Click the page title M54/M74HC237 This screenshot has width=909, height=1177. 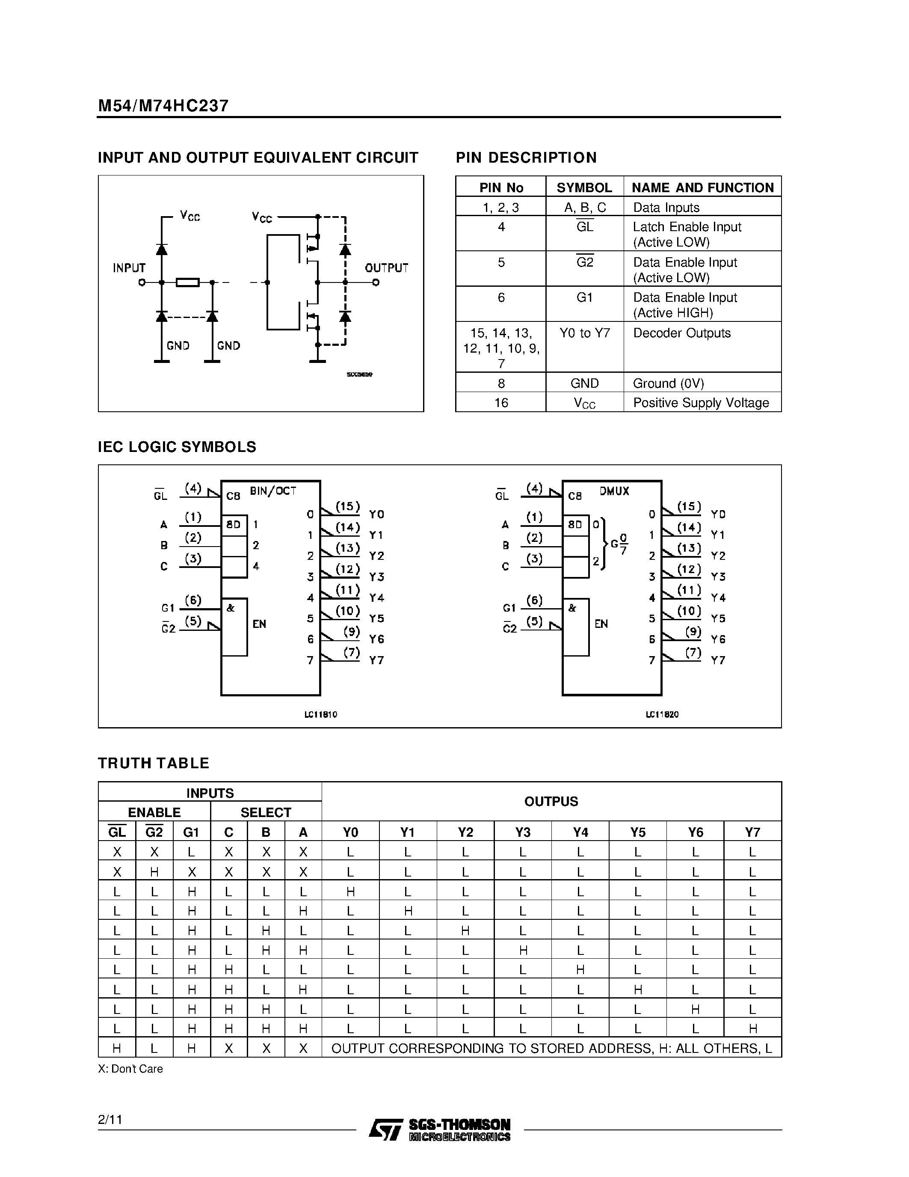tap(163, 106)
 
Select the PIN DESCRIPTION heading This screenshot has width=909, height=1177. tap(526, 158)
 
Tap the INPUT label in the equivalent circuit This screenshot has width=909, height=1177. tap(129, 268)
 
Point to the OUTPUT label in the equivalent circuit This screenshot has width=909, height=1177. tap(387, 268)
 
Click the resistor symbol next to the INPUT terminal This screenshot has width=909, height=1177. tap(187, 282)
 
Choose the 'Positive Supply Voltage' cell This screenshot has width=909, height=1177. tap(701, 403)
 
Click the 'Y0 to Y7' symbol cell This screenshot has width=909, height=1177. tap(584, 333)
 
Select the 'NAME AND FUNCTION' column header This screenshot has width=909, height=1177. tap(702, 187)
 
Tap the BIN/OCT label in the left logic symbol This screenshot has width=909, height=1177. tap(273, 491)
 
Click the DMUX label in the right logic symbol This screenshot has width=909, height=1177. tap(614, 491)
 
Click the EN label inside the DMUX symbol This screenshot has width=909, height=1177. tap(601, 624)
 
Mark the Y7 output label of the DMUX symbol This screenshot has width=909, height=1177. tap(718, 660)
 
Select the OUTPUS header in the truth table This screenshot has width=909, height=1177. tap(551, 801)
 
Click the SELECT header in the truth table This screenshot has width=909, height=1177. tap(266, 812)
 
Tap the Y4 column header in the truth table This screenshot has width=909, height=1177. tap(580, 832)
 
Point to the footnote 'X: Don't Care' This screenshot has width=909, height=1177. tap(130, 1069)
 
